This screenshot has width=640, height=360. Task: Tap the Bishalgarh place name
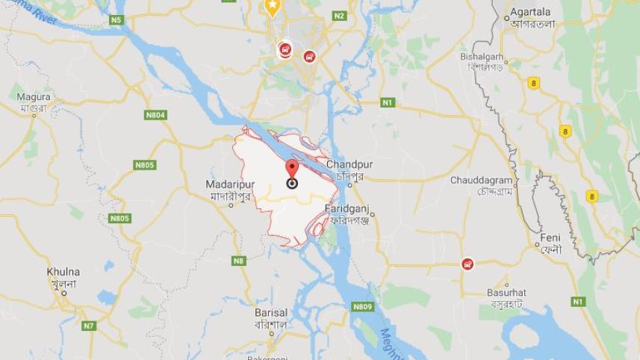482,57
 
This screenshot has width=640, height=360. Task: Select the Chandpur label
349,164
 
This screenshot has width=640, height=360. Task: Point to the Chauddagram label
481,181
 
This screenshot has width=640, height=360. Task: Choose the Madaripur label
232,184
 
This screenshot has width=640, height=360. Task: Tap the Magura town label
34,97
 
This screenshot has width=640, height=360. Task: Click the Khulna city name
63,272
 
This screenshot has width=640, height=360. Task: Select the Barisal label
270,312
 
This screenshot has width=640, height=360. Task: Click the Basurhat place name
506,292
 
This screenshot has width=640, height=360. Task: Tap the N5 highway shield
116,20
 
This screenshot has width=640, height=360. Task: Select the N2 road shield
340,16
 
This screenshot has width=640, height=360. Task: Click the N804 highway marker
155,115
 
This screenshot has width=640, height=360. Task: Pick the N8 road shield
238,261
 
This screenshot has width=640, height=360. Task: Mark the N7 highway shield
89,326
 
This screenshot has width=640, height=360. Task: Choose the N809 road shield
362,307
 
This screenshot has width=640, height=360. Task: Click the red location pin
292,169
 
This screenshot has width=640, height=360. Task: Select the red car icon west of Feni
467,264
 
